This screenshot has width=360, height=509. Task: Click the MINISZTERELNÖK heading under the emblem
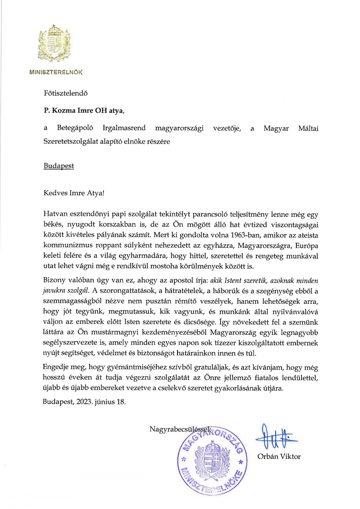click(56, 72)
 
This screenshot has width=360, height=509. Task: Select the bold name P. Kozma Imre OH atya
click(83, 111)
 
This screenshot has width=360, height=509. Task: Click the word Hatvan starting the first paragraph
click(54, 214)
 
